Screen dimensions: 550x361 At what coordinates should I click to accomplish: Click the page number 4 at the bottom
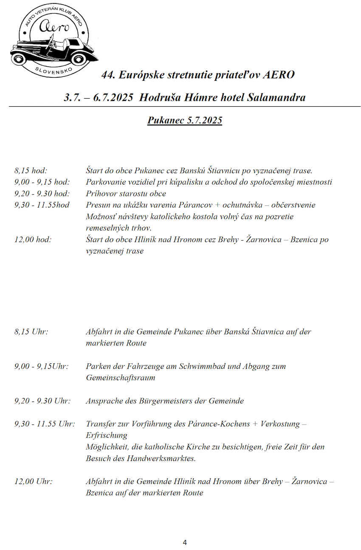(x=184, y=542)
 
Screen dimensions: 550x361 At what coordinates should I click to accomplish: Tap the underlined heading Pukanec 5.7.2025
(x=185, y=120)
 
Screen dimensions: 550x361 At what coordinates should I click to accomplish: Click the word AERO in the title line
(x=279, y=75)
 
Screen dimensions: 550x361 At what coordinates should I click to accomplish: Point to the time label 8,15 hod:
(x=31, y=171)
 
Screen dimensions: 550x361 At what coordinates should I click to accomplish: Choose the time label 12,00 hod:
(x=33, y=239)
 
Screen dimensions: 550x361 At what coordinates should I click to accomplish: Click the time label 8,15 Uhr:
(x=31, y=331)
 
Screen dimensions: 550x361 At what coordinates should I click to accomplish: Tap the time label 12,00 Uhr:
(x=33, y=482)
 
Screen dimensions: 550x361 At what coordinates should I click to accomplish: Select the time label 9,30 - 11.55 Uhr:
(x=45, y=424)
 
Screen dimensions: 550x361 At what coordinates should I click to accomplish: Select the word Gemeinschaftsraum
(x=120, y=377)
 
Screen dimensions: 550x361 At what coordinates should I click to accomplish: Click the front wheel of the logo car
(x=19, y=58)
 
